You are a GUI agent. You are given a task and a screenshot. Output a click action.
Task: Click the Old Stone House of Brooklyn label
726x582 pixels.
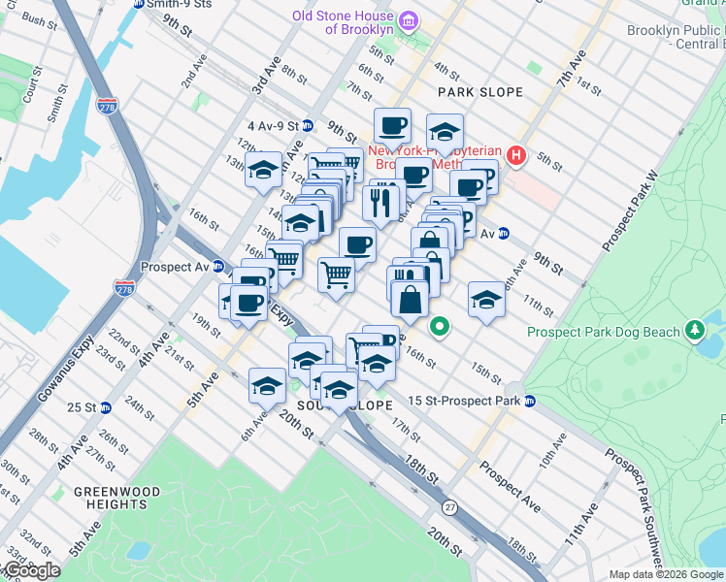[346, 21]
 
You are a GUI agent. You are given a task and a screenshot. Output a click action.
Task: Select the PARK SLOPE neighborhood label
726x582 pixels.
[479, 92]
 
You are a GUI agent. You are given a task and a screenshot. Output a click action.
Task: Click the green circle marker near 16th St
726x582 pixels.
[440, 327]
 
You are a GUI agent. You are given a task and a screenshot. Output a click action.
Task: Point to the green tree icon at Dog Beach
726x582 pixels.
[694, 332]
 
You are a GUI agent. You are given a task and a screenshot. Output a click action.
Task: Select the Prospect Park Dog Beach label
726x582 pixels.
[604, 333]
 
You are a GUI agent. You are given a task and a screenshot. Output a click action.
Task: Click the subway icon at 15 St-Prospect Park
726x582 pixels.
[530, 401]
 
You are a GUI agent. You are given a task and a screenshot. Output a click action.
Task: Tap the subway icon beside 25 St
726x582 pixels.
[104, 406]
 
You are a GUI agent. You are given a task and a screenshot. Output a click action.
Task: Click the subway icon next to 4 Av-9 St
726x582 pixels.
[308, 125]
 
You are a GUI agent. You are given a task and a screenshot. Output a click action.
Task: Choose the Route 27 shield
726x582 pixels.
[449, 506]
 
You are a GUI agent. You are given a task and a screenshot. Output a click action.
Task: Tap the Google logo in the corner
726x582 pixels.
[31, 570]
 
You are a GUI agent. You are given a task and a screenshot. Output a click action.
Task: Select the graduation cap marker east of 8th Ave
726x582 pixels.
[486, 300]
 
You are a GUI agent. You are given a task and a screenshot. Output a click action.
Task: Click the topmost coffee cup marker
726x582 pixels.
[392, 126]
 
